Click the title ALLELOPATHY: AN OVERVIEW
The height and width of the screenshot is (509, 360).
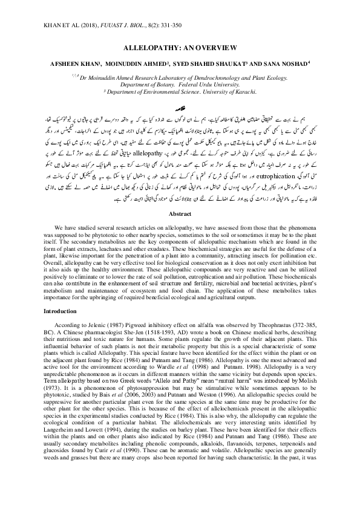pos(180,46)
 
